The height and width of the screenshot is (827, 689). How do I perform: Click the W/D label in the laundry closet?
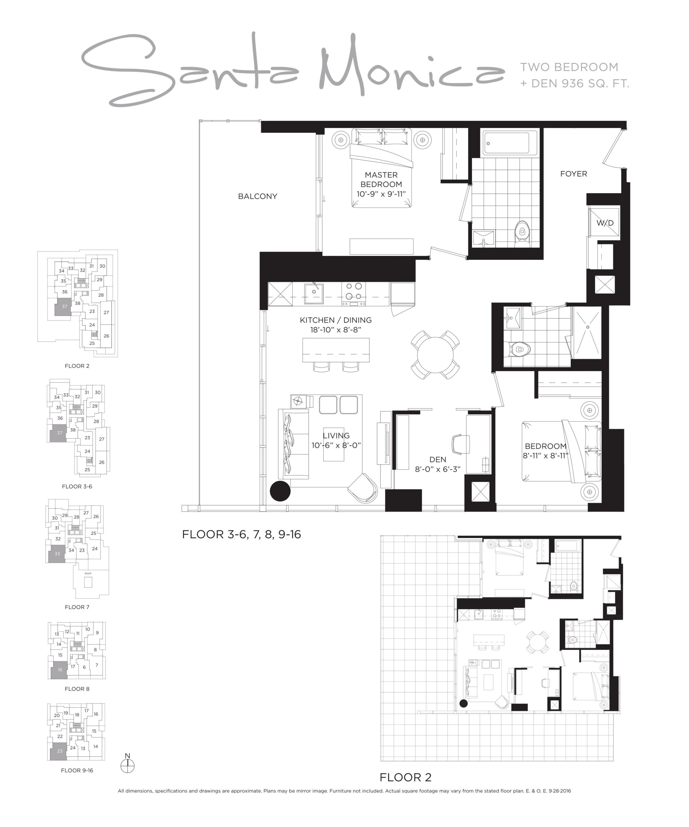click(x=605, y=223)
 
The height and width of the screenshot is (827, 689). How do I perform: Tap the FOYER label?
click(x=574, y=174)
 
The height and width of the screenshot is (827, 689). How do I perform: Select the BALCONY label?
click(x=257, y=196)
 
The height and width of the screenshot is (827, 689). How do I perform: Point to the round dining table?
click(x=435, y=355)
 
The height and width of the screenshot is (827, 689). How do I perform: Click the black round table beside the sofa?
click(x=280, y=491)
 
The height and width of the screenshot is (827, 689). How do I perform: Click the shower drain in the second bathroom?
click(x=588, y=327)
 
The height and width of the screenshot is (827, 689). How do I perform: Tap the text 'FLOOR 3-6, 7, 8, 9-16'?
click(x=241, y=534)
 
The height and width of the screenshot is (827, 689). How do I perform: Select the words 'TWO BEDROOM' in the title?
click(x=569, y=67)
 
